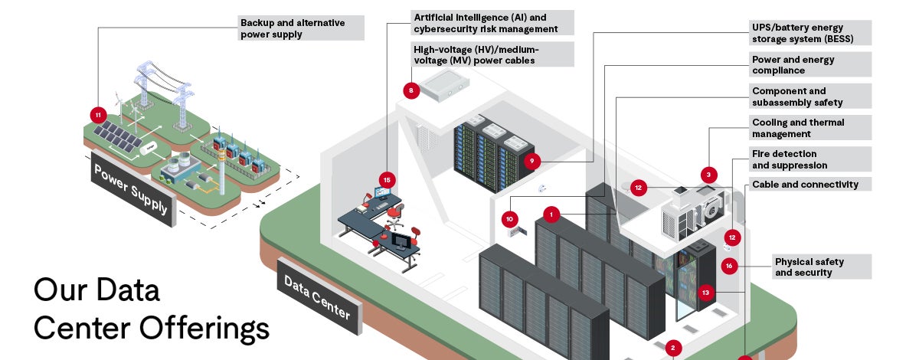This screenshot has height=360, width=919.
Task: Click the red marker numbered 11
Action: (97, 115)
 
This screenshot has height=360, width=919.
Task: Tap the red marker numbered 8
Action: (411, 90)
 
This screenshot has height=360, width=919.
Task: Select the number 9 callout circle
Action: (531, 161)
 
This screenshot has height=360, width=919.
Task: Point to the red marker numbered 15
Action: (387, 179)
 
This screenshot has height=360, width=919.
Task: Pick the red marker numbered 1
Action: (551, 214)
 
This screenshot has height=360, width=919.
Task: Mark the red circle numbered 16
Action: (729, 266)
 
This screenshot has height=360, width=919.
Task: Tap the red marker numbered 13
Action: (705, 292)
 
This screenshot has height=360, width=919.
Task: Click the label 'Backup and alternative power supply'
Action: (300, 28)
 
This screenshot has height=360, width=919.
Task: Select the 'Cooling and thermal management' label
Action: (809, 128)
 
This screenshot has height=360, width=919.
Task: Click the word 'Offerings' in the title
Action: (204, 328)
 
